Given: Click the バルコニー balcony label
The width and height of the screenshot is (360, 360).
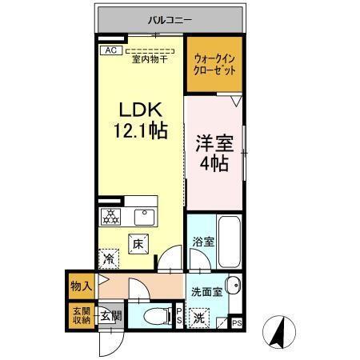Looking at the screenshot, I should coord(169,20).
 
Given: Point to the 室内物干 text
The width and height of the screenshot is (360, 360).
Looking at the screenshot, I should coord(149,59).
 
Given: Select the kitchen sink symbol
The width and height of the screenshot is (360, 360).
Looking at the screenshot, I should coord(146,217).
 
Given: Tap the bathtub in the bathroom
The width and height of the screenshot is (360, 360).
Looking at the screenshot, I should coord(229,240).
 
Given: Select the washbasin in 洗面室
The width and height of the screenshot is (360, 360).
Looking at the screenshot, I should coord(232,286).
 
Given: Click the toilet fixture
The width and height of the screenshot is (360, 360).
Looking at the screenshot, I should coord(155,315).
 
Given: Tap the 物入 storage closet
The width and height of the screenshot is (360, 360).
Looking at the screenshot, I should coord(80,283).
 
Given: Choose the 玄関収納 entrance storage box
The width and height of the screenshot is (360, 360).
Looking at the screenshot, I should coord(80,316).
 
